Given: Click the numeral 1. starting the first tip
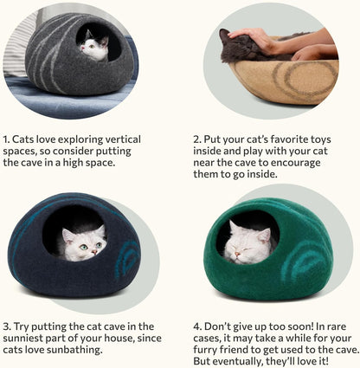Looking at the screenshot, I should (7, 139).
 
